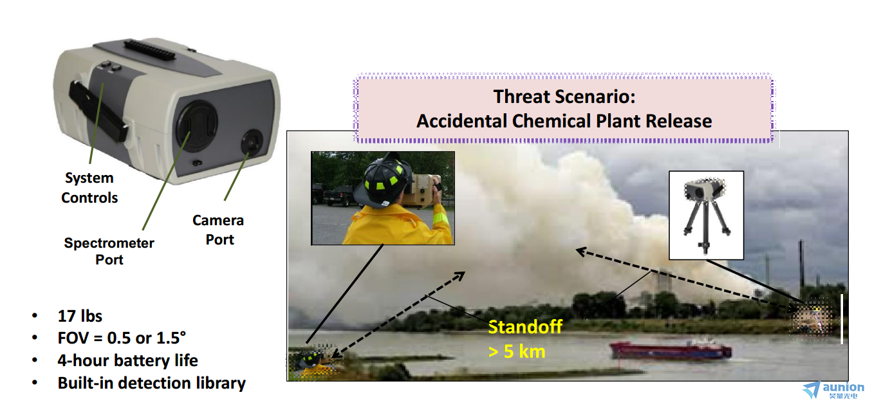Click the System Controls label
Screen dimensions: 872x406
(x=89, y=188)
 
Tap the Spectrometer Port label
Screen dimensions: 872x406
(x=109, y=251)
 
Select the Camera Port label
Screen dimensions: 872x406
(x=218, y=230)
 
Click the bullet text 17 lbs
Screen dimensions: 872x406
(x=80, y=316)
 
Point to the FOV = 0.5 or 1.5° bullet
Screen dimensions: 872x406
(x=122, y=338)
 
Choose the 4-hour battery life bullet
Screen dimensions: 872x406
(x=127, y=360)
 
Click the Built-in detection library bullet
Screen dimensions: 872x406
(x=151, y=383)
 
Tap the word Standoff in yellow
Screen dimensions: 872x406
(x=525, y=327)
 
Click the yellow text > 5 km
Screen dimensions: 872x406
(x=517, y=351)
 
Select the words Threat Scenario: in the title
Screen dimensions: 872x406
(x=564, y=97)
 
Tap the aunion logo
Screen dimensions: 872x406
(x=833, y=391)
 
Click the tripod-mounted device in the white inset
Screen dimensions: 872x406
(x=705, y=214)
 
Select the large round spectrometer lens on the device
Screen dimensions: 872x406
(x=197, y=126)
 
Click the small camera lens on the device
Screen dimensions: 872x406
(x=252, y=142)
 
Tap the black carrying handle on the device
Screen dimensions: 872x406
(x=97, y=111)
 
